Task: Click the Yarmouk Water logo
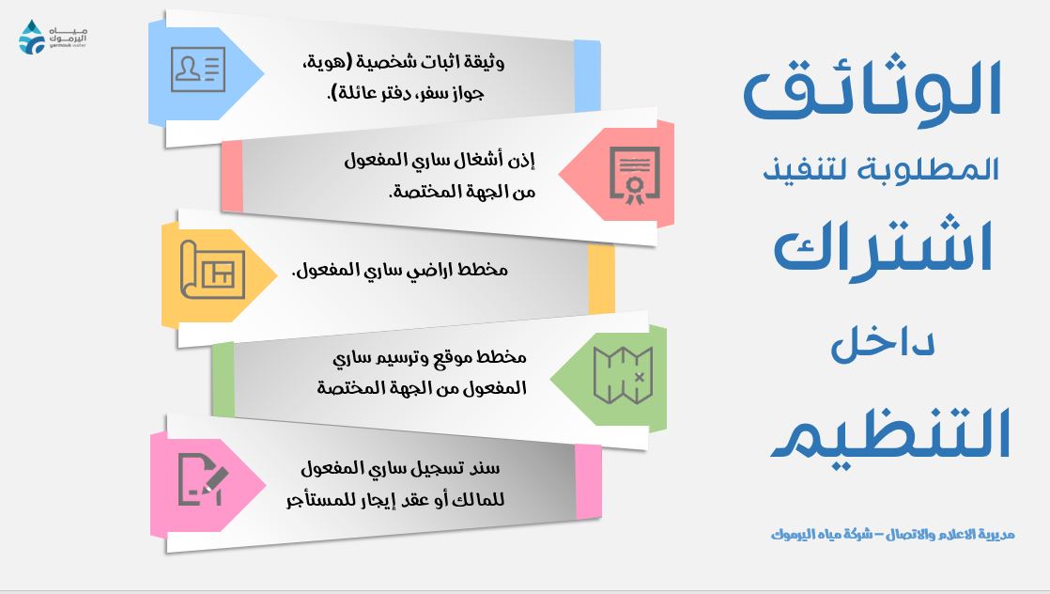pos(53,38)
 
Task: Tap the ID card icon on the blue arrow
pos(197,69)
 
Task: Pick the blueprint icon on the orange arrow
pos(212,270)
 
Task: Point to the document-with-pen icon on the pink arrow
pos(203,479)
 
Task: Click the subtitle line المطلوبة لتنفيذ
pos(881,168)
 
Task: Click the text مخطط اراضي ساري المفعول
pos(400,270)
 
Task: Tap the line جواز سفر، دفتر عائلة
pos(405,92)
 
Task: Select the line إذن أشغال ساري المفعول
pos(440,160)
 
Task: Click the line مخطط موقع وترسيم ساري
pos(429,357)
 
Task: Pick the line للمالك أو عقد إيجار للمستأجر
pos(395,500)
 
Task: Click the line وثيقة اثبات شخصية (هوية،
pos(403,62)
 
